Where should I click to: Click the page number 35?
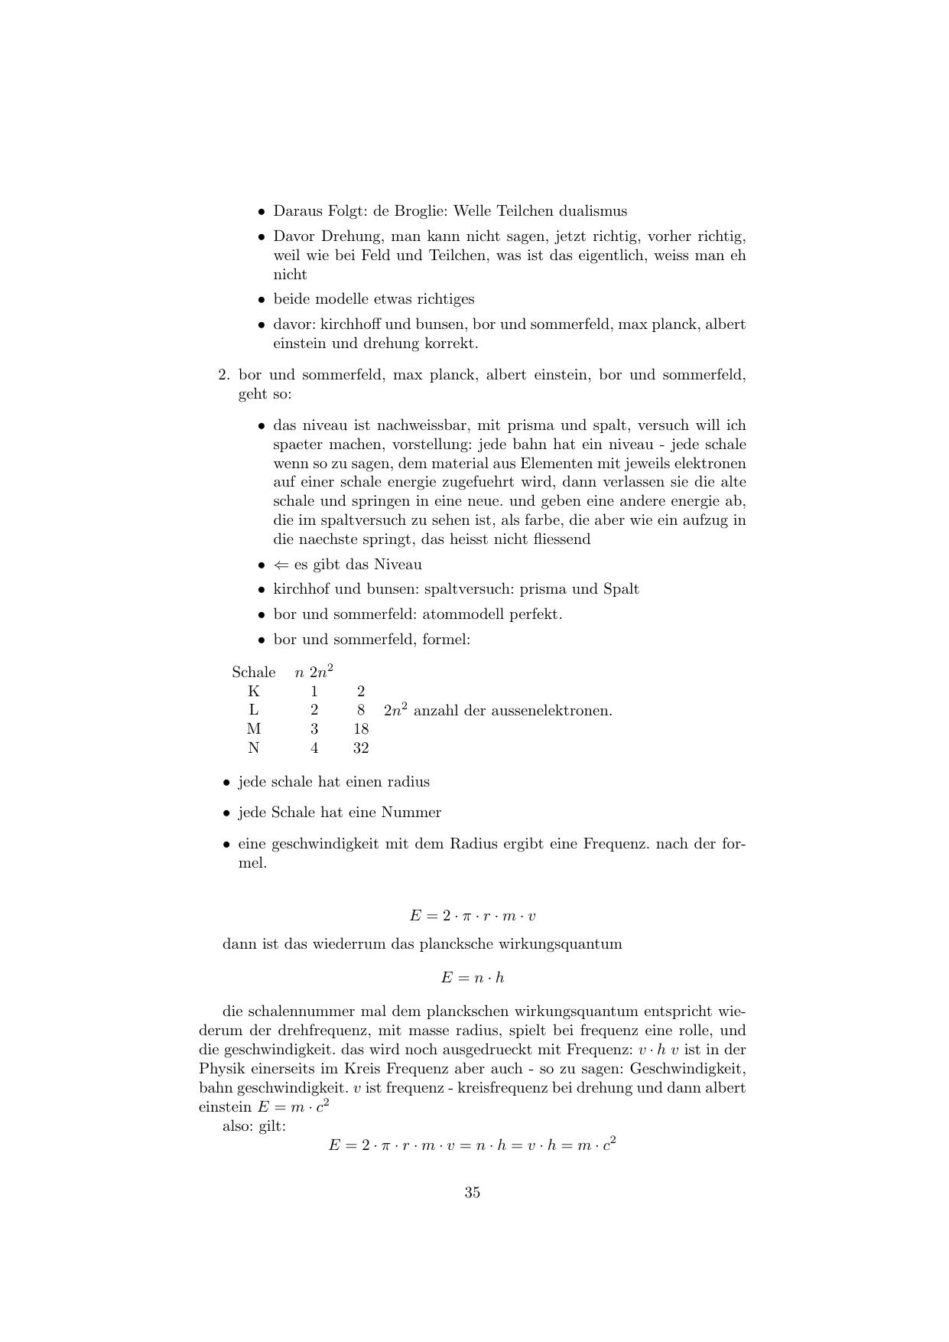472,1192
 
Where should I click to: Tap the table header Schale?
254,673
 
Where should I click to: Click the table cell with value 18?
361,729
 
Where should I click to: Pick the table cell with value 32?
361,748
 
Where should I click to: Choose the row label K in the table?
254,692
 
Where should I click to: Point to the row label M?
254,729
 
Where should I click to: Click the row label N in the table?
254,748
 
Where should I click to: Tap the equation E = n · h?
472,978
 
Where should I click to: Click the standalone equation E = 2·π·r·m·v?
472,916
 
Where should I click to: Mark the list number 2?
223,375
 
